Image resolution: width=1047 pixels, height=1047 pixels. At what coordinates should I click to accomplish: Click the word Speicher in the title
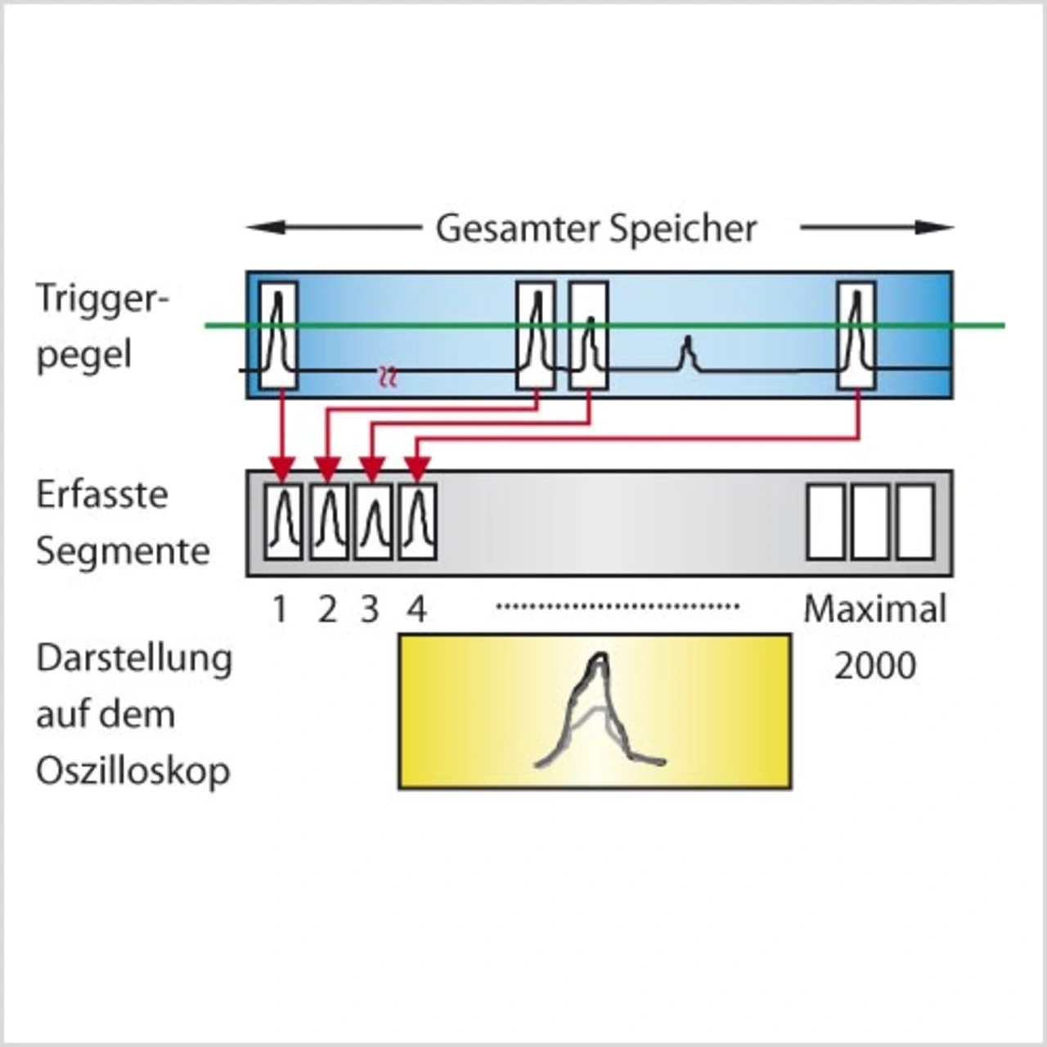click(684, 229)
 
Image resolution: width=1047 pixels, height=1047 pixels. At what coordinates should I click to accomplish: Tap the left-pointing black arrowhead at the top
click(266, 227)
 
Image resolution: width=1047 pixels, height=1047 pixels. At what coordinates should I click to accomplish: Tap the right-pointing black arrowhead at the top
click(934, 227)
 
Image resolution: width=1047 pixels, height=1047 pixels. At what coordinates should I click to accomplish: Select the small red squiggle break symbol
click(388, 375)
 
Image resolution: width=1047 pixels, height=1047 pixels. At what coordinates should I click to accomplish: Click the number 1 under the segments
click(281, 609)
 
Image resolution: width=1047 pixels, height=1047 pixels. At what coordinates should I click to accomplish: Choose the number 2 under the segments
click(327, 609)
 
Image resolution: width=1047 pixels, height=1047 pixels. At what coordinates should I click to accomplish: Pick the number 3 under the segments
click(370, 609)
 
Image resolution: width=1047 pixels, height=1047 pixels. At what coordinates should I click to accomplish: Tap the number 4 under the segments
click(416, 609)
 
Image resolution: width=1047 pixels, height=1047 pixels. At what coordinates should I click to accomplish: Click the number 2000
click(874, 666)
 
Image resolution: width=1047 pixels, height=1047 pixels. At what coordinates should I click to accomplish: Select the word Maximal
click(875, 609)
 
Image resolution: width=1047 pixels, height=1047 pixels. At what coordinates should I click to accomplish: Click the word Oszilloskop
click(133, 771)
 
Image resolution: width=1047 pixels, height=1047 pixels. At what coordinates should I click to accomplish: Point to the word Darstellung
click(134, 659)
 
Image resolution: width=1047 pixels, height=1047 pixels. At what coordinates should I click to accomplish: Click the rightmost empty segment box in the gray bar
click(915, 522)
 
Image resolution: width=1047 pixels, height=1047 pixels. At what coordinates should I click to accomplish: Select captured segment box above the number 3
click(373, 522)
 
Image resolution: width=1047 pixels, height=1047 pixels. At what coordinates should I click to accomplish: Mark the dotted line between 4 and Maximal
click(618, 606)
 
